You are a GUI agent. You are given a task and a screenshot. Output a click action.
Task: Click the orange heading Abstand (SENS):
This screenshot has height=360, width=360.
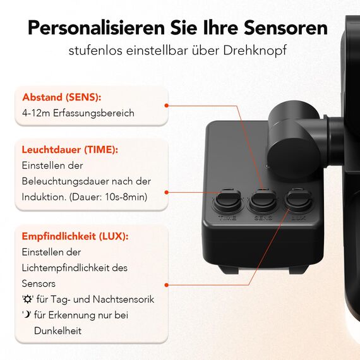click(x=62, y=98)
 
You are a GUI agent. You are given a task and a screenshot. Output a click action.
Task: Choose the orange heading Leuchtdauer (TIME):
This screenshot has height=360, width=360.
click(x=70, y=150)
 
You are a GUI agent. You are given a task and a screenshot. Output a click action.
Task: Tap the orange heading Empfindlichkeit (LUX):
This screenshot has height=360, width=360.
click(x=75, y=236)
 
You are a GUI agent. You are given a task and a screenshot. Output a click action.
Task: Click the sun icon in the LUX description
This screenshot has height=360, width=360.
click(x=28, y=299)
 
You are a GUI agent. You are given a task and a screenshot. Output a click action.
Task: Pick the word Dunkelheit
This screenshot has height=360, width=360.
click(x=57, y=330)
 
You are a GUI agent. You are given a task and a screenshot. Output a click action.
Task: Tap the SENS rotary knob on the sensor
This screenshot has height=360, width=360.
click(x=262, y=201)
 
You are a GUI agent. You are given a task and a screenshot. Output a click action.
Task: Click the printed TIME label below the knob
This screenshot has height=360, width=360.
click(x=227, y=218)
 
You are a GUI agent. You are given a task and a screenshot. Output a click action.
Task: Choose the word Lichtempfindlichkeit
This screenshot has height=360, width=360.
click(x=73, y=268)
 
